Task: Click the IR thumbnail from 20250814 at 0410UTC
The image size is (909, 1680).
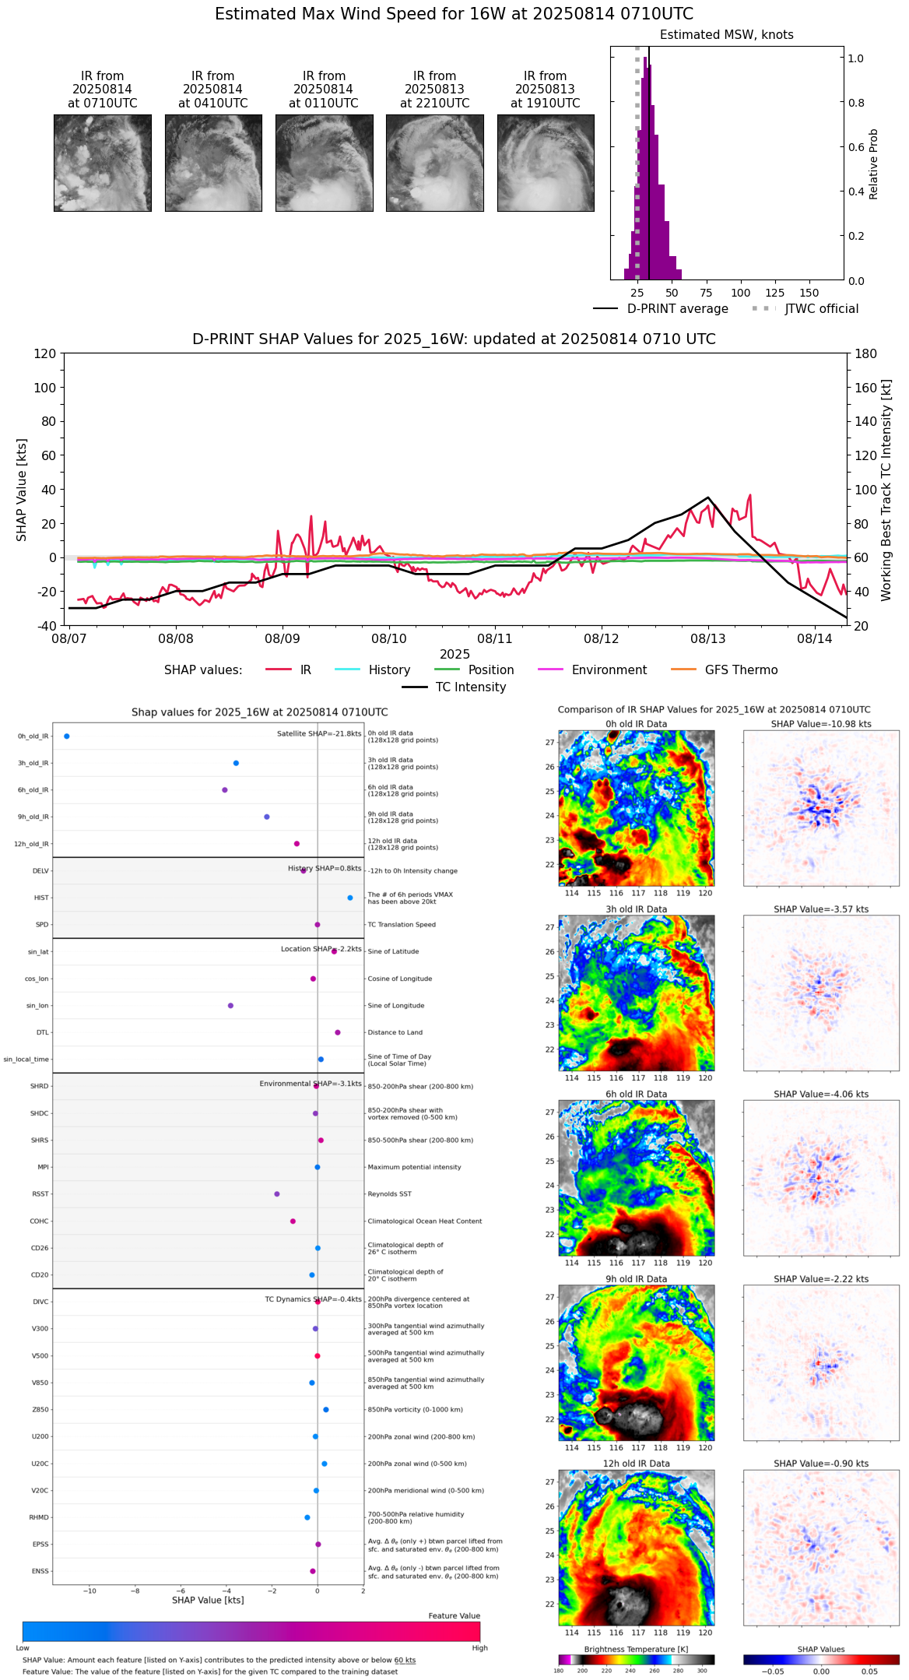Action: pos(213,163)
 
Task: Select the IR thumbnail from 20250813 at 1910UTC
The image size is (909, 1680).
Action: pos(546,163)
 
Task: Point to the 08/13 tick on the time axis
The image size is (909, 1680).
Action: pos(708,638)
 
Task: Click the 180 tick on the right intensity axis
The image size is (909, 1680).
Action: pos(866,354)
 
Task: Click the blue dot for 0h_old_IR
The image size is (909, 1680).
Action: pos(67,736)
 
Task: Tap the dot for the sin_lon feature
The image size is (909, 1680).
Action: pos(230,1006)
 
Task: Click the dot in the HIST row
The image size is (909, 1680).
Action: pos(350,898)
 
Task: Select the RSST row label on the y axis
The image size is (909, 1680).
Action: pos(40,1194)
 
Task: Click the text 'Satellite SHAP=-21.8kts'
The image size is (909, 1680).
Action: pos(319,734)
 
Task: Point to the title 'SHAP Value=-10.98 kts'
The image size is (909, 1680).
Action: pos(821,724)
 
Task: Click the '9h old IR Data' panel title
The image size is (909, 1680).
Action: pos(636,1279)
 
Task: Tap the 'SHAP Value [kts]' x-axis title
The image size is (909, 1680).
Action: pos(208,1616)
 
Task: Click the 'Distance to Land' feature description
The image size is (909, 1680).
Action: pos(395,1033)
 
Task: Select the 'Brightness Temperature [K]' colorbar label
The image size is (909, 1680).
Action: pos(636,1650)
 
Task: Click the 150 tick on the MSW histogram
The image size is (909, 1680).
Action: pos(809,293)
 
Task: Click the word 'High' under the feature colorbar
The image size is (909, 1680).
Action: pos(479,1648)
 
